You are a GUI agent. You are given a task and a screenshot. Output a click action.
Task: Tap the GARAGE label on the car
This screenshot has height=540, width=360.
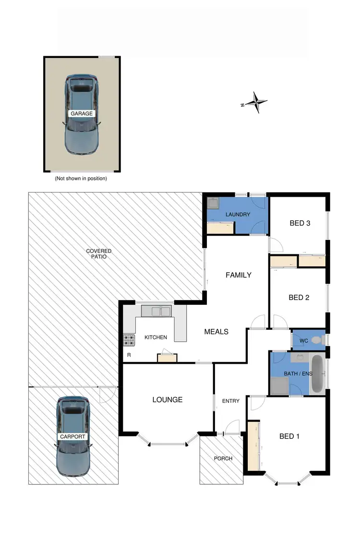click(81, 114)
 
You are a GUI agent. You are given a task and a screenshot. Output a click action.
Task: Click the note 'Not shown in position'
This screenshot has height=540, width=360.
click(81, 178)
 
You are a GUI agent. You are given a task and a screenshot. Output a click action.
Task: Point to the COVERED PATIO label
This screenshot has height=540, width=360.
click(99, 254)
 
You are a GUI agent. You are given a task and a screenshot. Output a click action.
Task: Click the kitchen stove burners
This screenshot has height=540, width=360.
click(129, 340)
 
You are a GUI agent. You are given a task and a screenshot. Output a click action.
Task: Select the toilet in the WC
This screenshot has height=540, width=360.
click(316, 340)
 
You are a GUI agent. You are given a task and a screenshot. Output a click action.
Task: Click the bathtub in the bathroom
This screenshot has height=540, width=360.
click(317, 373)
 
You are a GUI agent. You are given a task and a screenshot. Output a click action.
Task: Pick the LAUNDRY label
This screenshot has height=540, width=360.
click(238, 215)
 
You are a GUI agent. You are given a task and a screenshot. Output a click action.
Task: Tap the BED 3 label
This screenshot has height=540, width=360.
click(299, 223)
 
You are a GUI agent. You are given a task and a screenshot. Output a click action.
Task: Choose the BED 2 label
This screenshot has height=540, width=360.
click(299, 298)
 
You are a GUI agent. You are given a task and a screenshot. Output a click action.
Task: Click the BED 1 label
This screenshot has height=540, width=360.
click(289, 436)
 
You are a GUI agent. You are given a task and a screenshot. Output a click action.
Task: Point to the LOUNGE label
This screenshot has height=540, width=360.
click(168, 399)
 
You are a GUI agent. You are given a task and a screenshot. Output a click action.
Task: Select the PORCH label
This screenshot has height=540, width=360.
click(223, 458)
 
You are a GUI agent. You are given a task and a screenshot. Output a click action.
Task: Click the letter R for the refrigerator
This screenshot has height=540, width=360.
click(129, 355)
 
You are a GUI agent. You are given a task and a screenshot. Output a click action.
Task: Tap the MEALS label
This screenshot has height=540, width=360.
click(216, 332)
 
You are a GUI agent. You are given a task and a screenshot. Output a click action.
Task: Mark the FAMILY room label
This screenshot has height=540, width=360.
click(239, 275)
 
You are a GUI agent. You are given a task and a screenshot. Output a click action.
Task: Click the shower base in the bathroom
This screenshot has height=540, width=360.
click(279, 385)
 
